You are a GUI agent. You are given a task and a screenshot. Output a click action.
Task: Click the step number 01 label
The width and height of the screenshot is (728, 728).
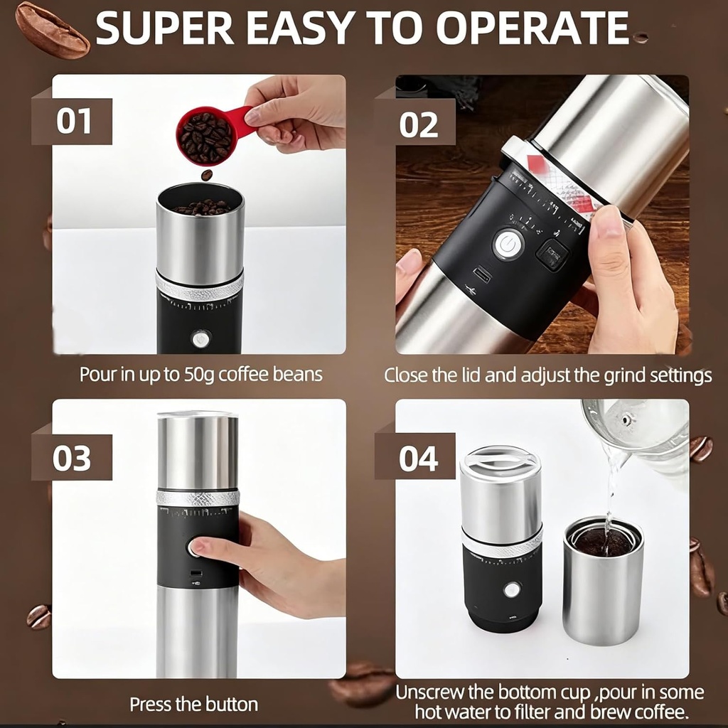pyautogui.click(x=75, y=121)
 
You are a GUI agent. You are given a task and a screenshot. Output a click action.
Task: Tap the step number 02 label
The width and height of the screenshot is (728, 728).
pyautogui.click(x=418, y=124)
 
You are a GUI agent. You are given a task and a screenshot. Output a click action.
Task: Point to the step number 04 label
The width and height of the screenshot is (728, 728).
pyautogui.click(x=418, y=459)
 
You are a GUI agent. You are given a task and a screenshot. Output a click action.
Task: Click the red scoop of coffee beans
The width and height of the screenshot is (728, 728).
pyautogui.click(x=207, y=135)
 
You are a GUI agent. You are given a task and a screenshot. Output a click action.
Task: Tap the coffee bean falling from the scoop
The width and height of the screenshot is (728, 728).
pyautogui.click(x=207, y=175)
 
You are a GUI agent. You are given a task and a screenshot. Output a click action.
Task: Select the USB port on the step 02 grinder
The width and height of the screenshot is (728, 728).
pyautogui.click(x=481, y=274)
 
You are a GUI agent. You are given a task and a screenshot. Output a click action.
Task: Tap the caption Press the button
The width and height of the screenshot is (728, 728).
pyautogui.click(x=193, y=705)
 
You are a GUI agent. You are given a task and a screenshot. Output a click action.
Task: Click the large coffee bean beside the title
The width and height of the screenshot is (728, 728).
pyautogui.click(x=52, y=29)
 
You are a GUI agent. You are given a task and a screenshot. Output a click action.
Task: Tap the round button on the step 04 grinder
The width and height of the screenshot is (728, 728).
pyautogui.click(x=511, y=589)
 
